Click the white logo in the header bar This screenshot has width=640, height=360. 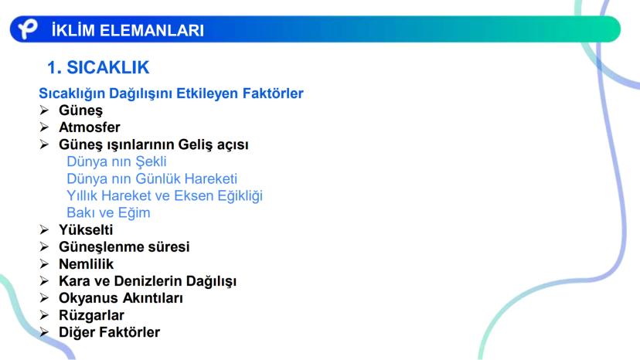pos(27,29)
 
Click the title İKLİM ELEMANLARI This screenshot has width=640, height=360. pos(128,30)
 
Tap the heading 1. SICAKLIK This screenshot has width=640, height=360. pos(98,67)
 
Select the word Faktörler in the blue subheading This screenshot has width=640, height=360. pos(273,93)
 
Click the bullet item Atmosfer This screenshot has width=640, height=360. pos(90,127)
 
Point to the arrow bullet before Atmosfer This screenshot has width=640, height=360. pos(45,127)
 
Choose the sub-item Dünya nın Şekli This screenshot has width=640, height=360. pos(117,161)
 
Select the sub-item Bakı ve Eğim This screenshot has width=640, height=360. pos(108,213)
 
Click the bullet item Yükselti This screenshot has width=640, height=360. pos(86,229)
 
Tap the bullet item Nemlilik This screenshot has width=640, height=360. pos(86,264)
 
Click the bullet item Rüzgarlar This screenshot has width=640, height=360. pos(91,315)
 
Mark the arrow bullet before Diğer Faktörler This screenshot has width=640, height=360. pos(45,332)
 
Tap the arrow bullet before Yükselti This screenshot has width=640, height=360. pos(45,229)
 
